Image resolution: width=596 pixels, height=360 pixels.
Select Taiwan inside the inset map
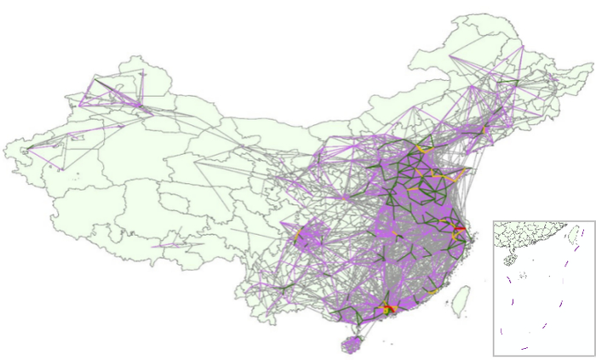click(x=574, y=232)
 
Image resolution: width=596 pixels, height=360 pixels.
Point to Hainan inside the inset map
click(x=512, y=259)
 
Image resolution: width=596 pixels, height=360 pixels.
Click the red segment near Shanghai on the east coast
click(x=459, y=230)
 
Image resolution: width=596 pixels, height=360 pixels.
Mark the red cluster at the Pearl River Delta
click(x=387, y=306)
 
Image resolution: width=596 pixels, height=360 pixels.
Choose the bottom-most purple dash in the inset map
click(x=524, y=347)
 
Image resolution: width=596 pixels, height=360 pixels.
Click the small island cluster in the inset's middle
click(x=523, y=274)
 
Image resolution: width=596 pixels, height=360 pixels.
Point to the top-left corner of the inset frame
click(x=494, y=220)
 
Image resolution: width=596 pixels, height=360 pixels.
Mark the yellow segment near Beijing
click(x=423, y=150)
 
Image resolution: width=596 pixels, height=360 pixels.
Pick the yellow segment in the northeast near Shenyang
click(x=485, y=129)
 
